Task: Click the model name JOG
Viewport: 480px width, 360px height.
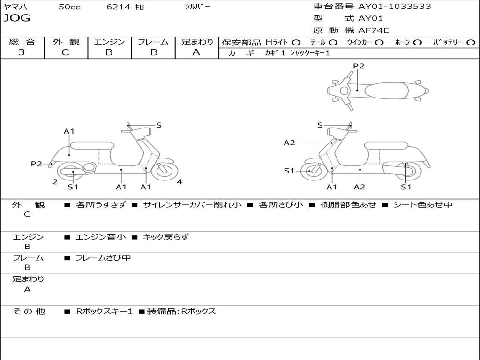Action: pyautogui.click(x=17, y=18)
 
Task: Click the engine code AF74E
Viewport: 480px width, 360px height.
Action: pyautogui.click(x=374, y=31)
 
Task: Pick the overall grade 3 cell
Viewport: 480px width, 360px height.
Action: pyautogui.click(x=22, y=52)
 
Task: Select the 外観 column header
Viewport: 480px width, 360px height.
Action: pyautogui.click(x=66, y=42)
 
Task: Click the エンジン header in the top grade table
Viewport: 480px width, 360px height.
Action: pyautogui.click(x=109, y=42)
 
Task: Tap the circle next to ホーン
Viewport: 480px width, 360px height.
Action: pyautogui.click(x=418, y=43)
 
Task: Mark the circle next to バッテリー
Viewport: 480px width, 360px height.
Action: pyautogui.click(x=471, y=43)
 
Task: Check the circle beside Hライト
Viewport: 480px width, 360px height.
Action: pyautogui.click(x=296, y=43)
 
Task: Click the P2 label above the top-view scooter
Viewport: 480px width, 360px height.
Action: pyautogui.click(x=359, y=66)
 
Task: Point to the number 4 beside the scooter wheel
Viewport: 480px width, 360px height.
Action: pyautogui.click(x=180, y=182)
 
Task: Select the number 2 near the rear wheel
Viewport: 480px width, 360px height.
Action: pyautogui.click(x=55, y=182)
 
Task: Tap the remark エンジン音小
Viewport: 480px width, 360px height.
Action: pyautogui.click(x=101, y=237)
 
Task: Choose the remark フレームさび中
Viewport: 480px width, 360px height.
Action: pyautogui.click(x=103, y=258)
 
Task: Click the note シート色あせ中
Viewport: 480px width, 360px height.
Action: pyautogui.click(x=423, y=205)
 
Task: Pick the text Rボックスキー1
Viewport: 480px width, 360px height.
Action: pyautogui.click(x=104, y=311)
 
